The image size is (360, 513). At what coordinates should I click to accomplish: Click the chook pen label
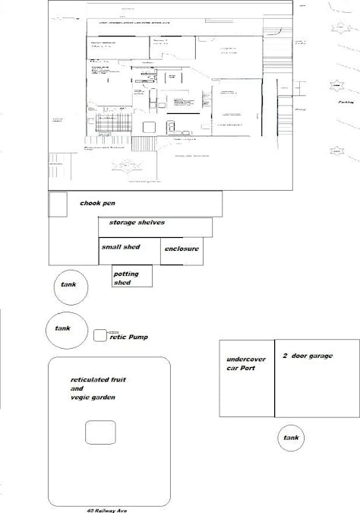pos(103,204)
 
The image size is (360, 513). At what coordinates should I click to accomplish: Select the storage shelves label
pos(137,223)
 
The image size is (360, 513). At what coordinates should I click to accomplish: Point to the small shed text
pos(121,247)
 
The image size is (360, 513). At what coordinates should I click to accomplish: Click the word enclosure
pos(182,249)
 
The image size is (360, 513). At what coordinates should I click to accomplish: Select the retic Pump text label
pos(129,336)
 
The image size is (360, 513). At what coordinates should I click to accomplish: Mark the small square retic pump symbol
pos(100,335)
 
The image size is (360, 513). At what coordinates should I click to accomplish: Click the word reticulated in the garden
pos(91,378)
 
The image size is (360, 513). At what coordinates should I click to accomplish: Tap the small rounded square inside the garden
pos(100,432)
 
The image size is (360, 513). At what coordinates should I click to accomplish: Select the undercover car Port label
pos(242,364)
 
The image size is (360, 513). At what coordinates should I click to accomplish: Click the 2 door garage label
pos(307,356)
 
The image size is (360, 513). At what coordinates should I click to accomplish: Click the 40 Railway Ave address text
pos(106,510)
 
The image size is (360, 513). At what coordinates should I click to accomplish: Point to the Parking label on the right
pos(348,101)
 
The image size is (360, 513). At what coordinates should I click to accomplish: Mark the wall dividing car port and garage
pos(274,378)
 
